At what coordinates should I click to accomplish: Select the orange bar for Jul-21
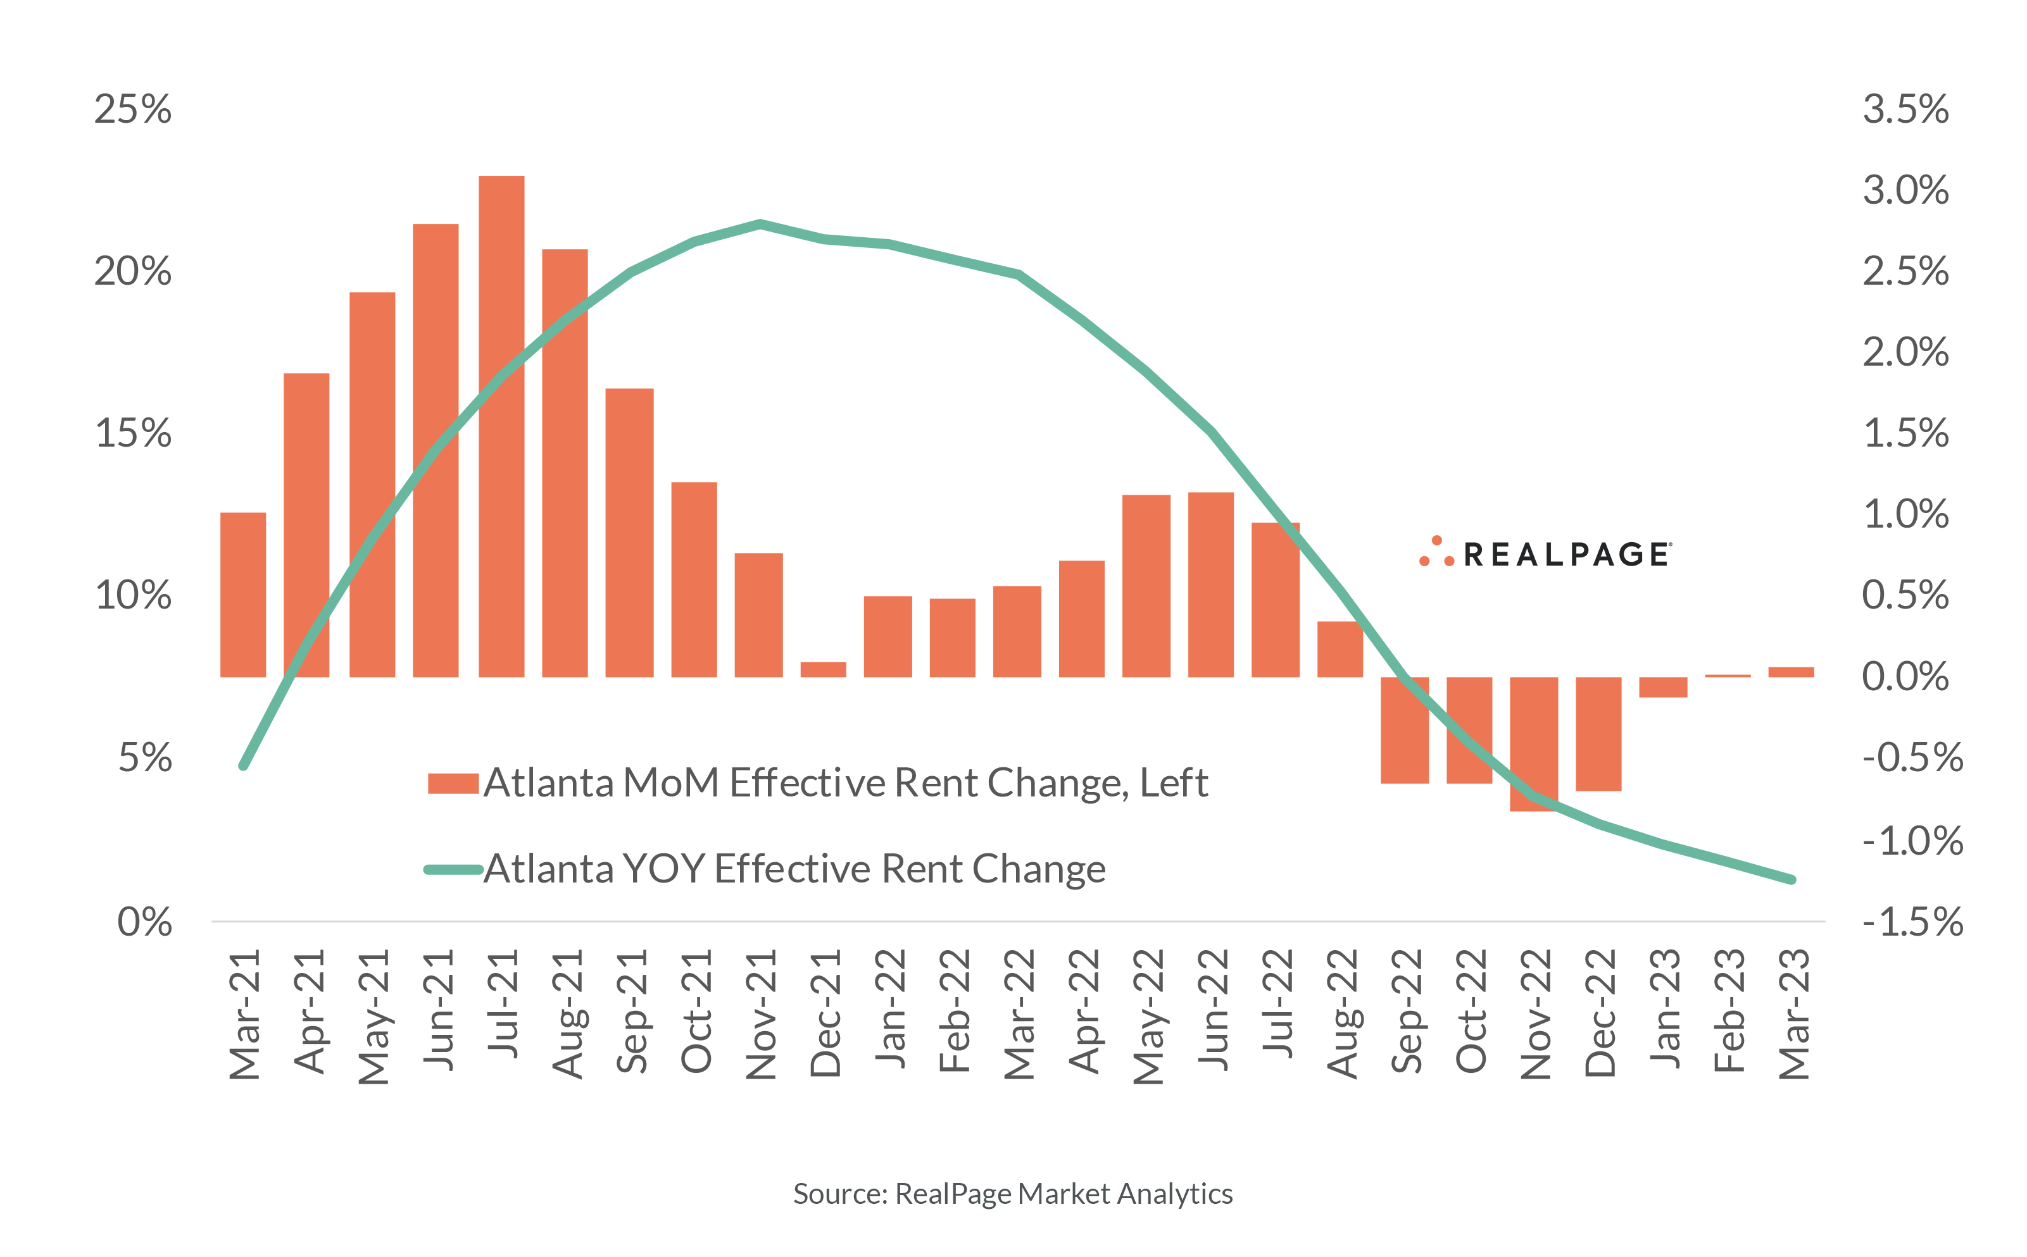point(501,426)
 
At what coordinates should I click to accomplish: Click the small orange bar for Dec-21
point(822,669)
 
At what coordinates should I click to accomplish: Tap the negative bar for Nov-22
point(1534,743)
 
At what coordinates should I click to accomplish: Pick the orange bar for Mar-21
point(243,595)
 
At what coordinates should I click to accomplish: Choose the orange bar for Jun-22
point(1210,585)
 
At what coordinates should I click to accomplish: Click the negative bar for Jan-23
point(1663,686)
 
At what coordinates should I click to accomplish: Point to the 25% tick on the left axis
point(133,109)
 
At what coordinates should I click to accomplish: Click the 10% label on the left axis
point(133,595)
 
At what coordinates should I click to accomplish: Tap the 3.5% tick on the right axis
point(1905,109)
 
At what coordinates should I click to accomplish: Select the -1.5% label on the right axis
point(1911,921)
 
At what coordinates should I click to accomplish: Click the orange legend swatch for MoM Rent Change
point(453,783)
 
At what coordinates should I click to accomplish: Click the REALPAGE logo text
point(1566,555)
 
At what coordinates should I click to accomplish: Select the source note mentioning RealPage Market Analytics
point(1012,1194)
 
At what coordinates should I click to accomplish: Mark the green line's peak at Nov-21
point(760,223)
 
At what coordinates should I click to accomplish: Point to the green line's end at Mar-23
point(1792,879)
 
